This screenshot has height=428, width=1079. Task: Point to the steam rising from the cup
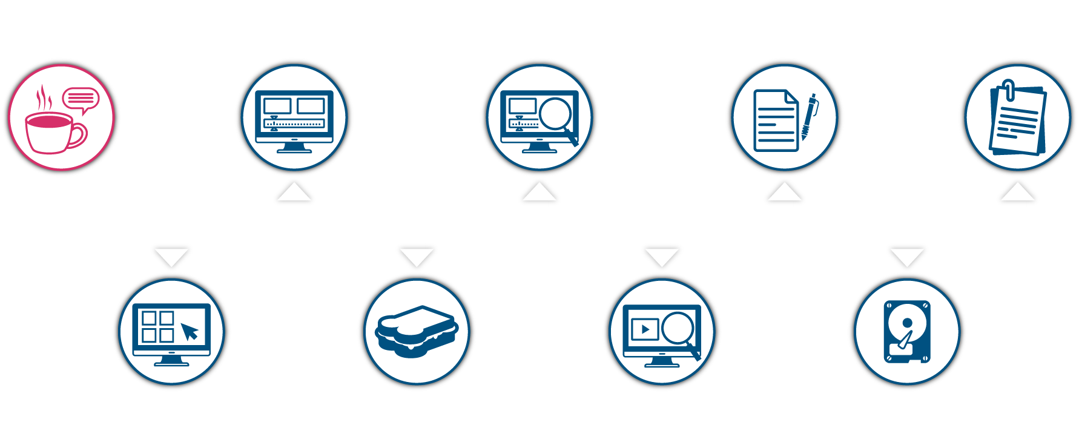[x=43, y=98]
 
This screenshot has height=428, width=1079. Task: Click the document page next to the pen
[x=776, y=120]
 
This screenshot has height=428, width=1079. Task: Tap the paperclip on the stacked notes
[x=1008, y=90]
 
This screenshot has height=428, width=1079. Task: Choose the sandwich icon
[x=417, y=331]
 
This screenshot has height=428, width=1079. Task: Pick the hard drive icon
[x=906, y=332]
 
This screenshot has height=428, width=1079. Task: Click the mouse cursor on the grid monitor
[x=190, y=331]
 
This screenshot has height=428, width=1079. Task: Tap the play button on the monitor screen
[x=644, y=329]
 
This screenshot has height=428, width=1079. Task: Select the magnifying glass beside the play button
[x=680, y=331]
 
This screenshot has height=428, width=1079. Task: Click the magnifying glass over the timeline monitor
[x=556, y=115]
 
